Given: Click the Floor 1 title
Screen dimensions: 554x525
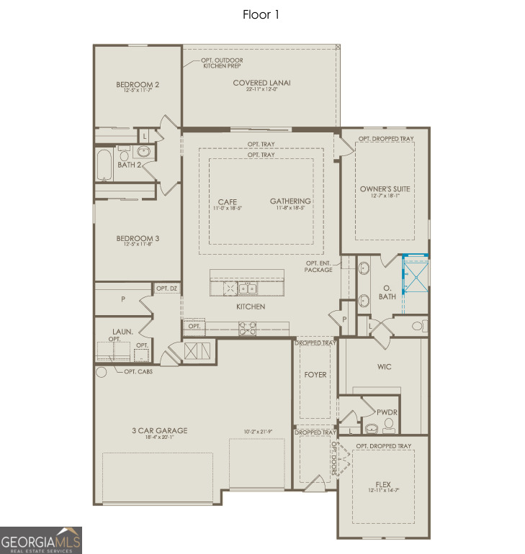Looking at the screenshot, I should pos(260,14).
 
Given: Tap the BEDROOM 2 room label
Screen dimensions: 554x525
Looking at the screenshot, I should pos(138,85).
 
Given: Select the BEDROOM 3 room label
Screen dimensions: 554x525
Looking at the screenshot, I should pos(138,238).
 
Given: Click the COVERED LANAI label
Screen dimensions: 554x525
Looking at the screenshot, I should pos(261,83).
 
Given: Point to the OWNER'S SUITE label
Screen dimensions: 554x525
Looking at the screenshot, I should pos(385,189).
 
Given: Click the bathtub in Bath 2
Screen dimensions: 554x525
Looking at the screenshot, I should pos(105,165).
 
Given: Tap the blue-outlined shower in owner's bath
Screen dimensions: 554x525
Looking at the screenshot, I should pos(415,274).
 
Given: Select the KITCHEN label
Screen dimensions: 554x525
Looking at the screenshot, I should pos(250,307).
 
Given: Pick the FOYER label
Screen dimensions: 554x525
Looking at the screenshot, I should pos(315,375).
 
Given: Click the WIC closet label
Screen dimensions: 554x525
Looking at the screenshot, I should pos(384,367).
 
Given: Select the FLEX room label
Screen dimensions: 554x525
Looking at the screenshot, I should pos(383,483).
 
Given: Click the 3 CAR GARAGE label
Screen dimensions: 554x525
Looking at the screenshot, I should pos(159,430).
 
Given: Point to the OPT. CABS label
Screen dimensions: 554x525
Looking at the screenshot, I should pos(138,371).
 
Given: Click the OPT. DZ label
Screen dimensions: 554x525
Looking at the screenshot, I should pos(166,289).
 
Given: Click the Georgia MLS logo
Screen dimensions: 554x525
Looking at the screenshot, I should pos(41,540).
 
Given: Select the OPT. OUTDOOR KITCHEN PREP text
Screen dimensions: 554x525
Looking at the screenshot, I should pos(223,63).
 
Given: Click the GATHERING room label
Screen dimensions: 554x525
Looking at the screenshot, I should pos(290,201).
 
